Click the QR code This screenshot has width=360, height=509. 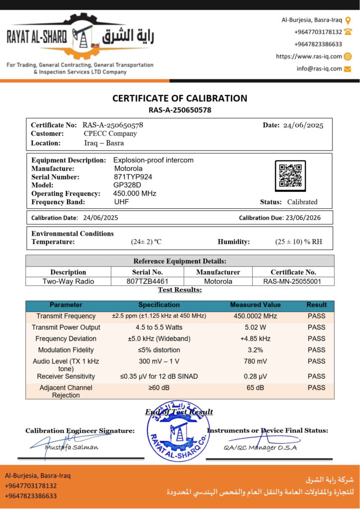point(290,176)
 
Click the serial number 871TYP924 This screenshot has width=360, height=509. point(133,177)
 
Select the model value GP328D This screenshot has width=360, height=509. point(126,185)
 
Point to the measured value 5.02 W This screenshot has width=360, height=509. point(255,328)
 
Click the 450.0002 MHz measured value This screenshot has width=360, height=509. point(255,316)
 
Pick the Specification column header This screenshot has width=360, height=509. point(159,305)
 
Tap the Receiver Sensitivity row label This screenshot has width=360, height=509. point(66,376)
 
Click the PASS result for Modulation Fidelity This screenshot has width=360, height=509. point(316,350)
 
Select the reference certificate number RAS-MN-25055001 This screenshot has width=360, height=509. point(293,281)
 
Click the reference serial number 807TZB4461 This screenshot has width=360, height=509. point(147,281)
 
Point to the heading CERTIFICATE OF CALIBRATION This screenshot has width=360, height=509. point(180,98)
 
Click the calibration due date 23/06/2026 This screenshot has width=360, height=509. point(303,218)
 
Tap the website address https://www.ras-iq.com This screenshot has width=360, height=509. point(309,57)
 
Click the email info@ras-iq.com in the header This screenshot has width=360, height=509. point(319,69)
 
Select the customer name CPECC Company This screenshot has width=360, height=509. point(110,134)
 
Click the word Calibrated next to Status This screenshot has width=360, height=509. point(302,202)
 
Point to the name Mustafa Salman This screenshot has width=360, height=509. point(72,447)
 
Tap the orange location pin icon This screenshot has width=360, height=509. point(348,20)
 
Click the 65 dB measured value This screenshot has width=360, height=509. point(255,388)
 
